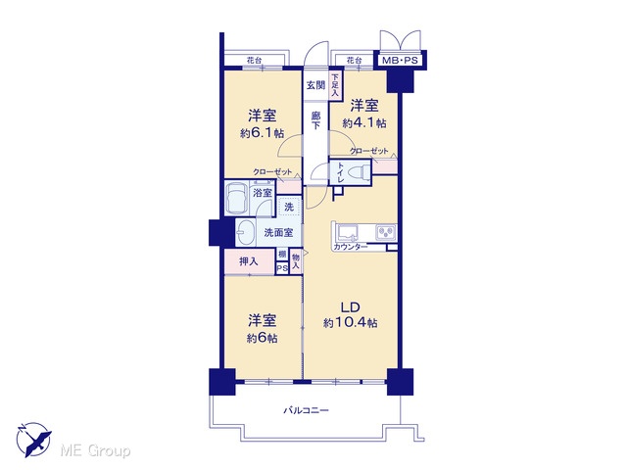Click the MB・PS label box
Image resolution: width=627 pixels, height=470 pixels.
[x=400, y=61]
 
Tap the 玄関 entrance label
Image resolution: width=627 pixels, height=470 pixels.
[x=315, y=85]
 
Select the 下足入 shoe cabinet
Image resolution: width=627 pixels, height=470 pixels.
[x=335, y=85]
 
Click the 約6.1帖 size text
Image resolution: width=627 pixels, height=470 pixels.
[x=262, y=133]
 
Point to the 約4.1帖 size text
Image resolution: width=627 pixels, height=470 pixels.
[x=364, y=122]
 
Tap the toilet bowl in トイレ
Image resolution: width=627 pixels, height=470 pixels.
[x=358, y=173]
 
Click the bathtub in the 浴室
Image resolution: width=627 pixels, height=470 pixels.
[x=236, y=198]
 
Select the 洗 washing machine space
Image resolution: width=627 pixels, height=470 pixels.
[x=289, y=207]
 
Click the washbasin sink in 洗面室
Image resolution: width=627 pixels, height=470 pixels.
[x=245, y=232]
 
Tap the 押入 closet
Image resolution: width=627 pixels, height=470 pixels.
[x=250, y=261]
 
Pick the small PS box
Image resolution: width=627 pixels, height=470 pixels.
[x=282, y=268]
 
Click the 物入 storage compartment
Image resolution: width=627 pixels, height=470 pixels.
[x=296, y=261]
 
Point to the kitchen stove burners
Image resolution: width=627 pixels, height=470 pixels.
[x=386, y=232]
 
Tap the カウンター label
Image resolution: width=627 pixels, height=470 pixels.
[x=351, y=247]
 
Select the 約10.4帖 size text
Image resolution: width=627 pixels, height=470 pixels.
[x=351, y=322]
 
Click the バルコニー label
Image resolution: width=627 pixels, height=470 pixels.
[x=306, y=410]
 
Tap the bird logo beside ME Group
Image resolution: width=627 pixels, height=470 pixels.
[x=33, y=440]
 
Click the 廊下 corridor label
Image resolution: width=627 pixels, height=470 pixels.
[x=315, y=120]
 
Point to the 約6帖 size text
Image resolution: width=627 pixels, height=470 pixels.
[x=262, y=338]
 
